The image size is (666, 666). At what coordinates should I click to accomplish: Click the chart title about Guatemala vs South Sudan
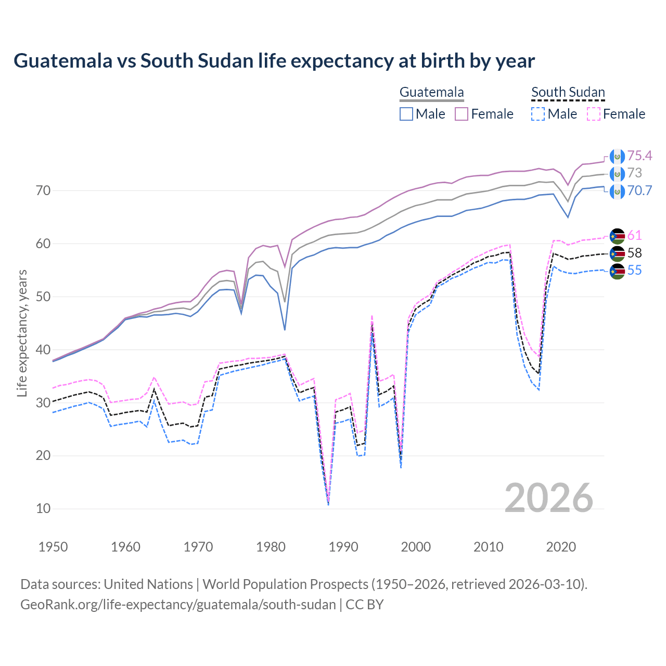pyautogui.click(x=274, y=61)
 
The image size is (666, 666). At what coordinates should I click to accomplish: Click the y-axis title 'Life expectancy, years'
pyautogui.click(x=22, y=333)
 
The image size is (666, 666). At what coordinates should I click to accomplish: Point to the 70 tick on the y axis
pyautogui.click(x=43, y=190)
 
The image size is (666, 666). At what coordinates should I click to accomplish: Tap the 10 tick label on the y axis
pyautogui.click(x=43, y=508)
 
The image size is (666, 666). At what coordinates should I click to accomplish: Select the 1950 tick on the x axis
pyautogui.click(x=53, y=547)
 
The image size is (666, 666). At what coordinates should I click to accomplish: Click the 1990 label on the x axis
pyautogui.click(x=343, y=547)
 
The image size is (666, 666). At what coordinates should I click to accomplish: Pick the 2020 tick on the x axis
pyautogui.click(x=561, y=547)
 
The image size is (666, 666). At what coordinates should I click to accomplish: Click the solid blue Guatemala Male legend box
pyautogui.click(x=406, y=114)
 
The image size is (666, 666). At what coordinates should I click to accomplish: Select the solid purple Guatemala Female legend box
pyautogui.click(x=462, y=114)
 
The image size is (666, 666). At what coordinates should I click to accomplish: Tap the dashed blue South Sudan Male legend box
pyautogui.click(x=538, y=114)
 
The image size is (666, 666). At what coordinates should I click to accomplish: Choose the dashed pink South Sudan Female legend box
pyautogui.click(x=594, y=114)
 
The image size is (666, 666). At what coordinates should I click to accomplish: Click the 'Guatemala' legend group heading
pyautogui.click(x=431, y=93)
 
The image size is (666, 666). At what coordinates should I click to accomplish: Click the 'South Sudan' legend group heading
pyautogui.click(x=568, y=93)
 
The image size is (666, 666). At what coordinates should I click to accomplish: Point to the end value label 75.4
pyautogui.click(x=639, y=156)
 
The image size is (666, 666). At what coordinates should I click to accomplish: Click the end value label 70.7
pyautogui.click(x=639, y=190)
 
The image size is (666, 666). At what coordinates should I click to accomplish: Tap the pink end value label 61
pyautogui.click(x=634, y=235)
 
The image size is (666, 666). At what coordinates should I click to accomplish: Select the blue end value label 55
pyautogui.click(x=634, y=270)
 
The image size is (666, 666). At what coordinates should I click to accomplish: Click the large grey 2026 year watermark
pyautogui.click(x=549, y=498)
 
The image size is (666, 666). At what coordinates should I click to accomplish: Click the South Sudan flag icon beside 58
pyautogui.click(x=617, y=253)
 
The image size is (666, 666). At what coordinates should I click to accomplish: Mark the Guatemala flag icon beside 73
pyautogui.click(x=617, y=173)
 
